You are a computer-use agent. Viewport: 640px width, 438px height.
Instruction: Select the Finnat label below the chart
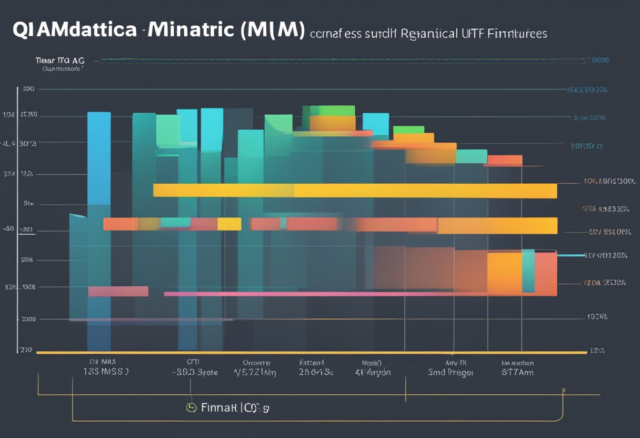tap(218, 407)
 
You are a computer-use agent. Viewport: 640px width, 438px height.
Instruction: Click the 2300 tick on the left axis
tap(27, 318)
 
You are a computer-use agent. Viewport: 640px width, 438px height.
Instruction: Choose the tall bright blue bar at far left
tap(99, 158)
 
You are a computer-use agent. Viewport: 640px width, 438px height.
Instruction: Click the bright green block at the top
tap(336, 110)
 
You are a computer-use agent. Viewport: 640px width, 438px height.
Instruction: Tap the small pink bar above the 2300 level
tap(118, 291)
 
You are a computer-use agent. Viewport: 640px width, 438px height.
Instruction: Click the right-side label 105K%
tap(597, 317)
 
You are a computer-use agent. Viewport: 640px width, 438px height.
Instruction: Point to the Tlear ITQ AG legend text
tap(59, 61)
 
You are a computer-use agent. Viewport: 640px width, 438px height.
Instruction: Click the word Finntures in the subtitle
tap(519, 34)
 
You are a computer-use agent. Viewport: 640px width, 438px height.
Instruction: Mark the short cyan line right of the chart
tap(571, 255)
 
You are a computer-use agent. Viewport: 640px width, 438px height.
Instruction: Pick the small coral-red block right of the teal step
tap(505, 160)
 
